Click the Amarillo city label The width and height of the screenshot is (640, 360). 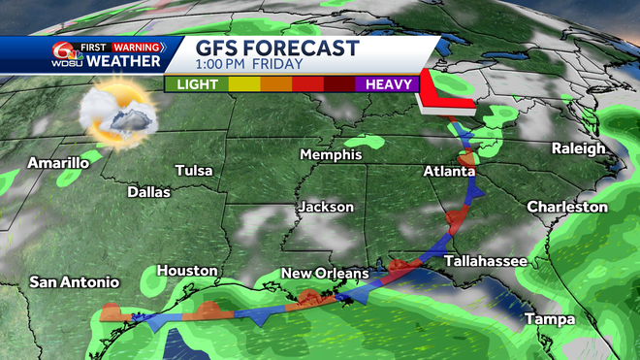(58, 163)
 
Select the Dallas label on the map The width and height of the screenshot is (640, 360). (148, 192)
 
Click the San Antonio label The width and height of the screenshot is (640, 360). (74, 282)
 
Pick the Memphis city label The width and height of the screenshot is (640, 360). (330, 155)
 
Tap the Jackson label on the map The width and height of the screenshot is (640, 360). (326, 208)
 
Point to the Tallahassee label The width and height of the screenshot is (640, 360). (486, 262)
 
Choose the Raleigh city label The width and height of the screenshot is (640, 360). (578, 148)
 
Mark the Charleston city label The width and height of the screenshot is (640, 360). (567, 207)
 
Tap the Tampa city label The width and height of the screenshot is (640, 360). (551, 319)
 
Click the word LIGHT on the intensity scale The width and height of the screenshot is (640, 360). (197, 84)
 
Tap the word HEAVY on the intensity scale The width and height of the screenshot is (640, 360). (385, 84)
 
